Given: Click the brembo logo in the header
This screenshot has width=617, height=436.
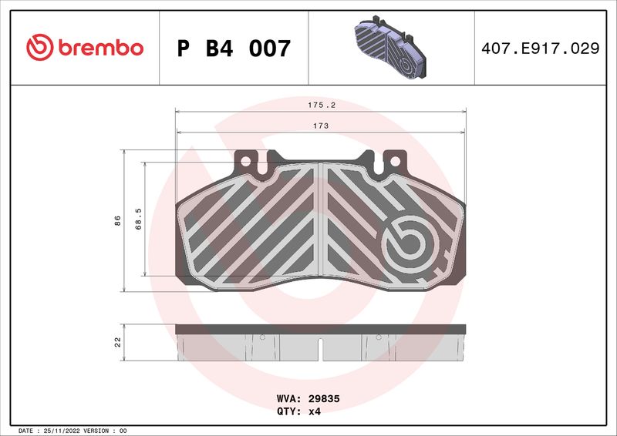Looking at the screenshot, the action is pyautogui.click(x=85, y=47).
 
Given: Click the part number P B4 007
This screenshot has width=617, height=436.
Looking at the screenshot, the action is pyautogui.click(x=234, y=49).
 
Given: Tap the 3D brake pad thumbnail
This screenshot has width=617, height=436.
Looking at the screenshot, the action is pyautogui.click(x=390, y=47).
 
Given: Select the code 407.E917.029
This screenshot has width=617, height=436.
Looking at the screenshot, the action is pyautogui.click(x=541, y=49).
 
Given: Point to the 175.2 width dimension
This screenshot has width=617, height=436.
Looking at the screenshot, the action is pyautogui.click(x=322, y=105).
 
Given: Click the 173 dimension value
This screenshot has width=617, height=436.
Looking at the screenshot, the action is pyautogui.click(x=321, y=126).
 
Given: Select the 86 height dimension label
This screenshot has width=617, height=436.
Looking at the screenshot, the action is pyautogui.click(x=117, y=220).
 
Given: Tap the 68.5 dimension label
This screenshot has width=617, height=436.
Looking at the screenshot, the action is pyautogui.click(x=138, y=219).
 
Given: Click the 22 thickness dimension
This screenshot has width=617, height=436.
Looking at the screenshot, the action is pyautogui.click(x=118, y=342).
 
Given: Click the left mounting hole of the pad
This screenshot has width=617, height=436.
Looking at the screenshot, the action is pyautogui.click(x=245, y=161).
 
